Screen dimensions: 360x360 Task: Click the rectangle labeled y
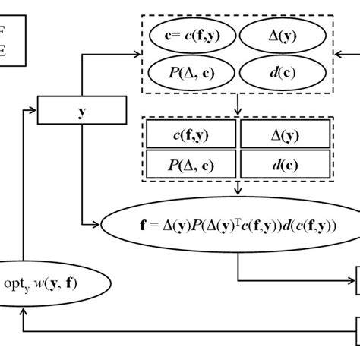80,112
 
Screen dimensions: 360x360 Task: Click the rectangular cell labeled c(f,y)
193,135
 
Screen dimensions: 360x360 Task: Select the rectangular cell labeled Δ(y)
286,135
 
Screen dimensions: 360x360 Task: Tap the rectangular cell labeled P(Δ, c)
193,163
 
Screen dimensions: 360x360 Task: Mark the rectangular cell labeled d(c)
286,163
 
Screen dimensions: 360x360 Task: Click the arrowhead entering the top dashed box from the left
137,53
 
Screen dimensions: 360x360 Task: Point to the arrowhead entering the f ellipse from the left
99,224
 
